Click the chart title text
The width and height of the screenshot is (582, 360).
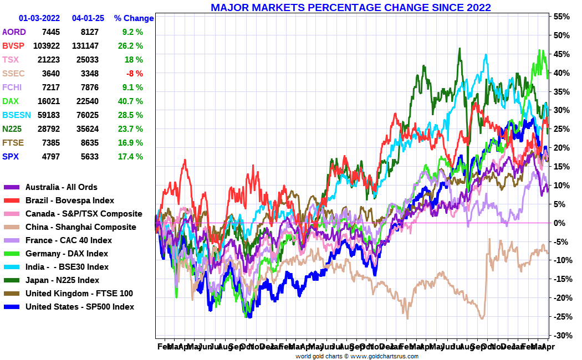[350, 7]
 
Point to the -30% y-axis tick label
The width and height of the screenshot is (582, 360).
[561, 336]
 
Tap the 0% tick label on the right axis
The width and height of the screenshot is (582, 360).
[560, 223]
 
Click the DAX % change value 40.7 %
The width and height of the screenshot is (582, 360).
[131, 101]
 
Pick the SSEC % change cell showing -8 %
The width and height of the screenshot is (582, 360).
[134, 74]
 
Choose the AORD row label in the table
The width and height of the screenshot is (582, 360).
[14, 32]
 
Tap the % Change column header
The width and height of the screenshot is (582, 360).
[134, 18]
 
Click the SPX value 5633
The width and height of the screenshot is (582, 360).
[89, 157]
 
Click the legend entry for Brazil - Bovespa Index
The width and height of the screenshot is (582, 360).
[70, 200]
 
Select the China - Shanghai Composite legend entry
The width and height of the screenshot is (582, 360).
[80, 227]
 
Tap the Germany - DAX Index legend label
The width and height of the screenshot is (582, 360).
[67, 254]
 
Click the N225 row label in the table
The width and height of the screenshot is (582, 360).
[12, 129]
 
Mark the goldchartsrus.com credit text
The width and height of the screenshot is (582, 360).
[356, 356]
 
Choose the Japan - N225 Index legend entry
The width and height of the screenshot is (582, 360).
[62, 280]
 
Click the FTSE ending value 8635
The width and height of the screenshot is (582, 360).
[89, 143]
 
